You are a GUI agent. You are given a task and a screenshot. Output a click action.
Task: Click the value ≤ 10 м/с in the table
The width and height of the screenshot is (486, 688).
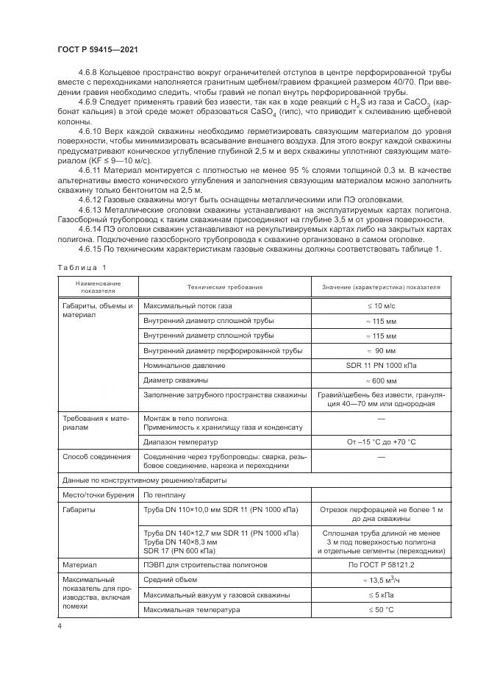point(381,305)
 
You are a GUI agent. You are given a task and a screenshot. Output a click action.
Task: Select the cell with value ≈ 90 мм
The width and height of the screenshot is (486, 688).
point(381,350)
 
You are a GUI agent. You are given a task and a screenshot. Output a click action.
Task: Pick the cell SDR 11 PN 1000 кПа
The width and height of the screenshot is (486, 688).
point(381,365)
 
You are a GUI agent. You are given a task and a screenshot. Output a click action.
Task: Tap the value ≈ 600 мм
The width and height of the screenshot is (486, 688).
point(381,380)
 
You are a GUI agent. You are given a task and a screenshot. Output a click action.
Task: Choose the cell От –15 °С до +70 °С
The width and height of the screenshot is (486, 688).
point(381,442)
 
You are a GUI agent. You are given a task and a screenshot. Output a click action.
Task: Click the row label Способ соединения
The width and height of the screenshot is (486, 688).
point(87,457)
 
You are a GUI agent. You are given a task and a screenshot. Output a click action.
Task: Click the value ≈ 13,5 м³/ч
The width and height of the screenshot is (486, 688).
point(381,580)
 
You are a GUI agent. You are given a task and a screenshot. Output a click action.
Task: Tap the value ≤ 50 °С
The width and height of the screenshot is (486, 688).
point(381,610)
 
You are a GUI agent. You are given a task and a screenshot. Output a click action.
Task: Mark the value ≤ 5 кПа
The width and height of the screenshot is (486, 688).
point(381,595)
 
